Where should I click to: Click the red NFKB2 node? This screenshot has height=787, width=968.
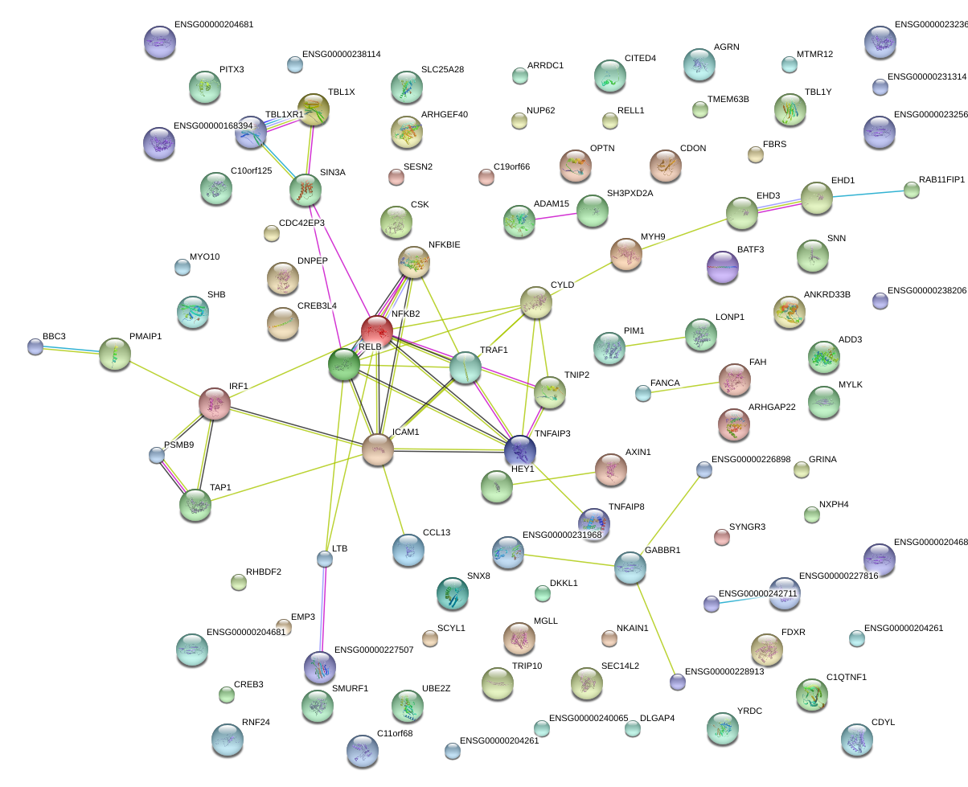coord(376,330)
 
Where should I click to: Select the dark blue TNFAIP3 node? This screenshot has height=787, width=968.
coord(520,450)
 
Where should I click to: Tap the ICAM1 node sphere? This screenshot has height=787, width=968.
coord(377,449)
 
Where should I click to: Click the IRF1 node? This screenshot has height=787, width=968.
coord(215,404)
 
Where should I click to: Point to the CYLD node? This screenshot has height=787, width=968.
coord(536,302)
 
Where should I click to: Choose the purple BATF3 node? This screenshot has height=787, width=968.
coord(722,267)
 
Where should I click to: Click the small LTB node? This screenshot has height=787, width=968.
coord(324,558)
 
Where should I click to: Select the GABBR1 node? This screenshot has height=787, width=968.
coord(630,567)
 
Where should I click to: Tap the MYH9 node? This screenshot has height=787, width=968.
coord(626,254)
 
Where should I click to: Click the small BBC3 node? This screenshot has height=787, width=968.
coord(35,346)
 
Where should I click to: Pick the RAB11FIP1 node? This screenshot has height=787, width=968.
coord(911,190)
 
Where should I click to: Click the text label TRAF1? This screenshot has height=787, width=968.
coord(494,350)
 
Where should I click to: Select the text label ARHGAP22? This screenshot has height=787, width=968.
coord(771,408)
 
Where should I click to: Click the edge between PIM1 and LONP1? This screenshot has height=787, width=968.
coord(654,342)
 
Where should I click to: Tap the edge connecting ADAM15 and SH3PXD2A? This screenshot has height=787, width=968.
coord(556,214)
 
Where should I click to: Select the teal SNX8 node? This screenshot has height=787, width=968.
coord(452,593)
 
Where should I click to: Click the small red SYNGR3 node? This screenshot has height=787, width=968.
coord(722,537)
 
